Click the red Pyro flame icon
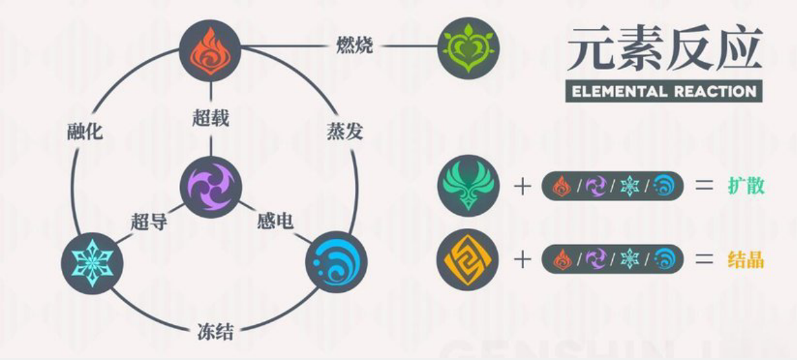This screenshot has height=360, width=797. point(210,51)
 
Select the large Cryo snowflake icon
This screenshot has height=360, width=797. point(92,263)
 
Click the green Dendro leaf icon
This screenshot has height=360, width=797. point(469,48)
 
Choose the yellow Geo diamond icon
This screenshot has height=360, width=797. point(467,259)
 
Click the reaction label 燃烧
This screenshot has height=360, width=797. point(355,45)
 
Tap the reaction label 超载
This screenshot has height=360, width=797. point(211,118)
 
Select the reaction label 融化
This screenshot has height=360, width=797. point(85,132)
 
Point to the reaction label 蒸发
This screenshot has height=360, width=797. point(344,132)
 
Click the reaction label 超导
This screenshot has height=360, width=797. point(149,221)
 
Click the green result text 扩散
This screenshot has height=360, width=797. point(746,186)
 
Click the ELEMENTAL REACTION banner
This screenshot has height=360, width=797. point(664,92)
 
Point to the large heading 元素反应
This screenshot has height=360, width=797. point(664,48)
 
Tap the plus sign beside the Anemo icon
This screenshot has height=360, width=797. point(522,186)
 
